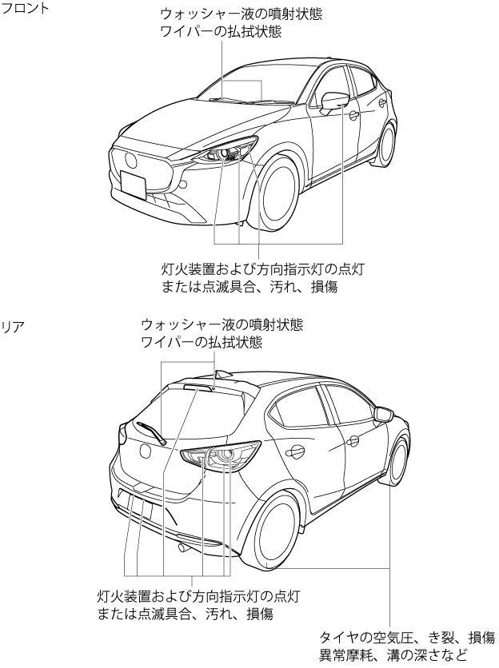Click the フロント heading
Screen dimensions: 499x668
coord(26,8)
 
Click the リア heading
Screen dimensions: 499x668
coord(14,327)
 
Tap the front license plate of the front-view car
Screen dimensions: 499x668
coord(133,183)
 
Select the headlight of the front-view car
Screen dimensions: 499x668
coord(226,151)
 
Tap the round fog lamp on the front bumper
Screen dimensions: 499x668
coord(184,184)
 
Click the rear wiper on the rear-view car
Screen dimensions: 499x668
coord(150,432)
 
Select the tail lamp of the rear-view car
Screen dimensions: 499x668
coord(221,455)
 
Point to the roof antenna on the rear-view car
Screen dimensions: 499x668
coord(222,374)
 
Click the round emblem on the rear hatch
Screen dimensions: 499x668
coord(146,451)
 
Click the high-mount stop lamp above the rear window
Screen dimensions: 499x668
coord(199,387)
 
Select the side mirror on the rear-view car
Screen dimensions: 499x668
coord(384,414)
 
